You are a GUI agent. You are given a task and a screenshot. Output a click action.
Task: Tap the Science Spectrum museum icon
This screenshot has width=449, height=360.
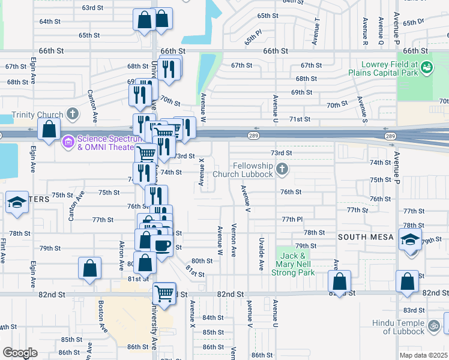point(68,142)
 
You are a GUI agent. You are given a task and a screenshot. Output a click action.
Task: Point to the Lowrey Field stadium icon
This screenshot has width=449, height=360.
point(427,68)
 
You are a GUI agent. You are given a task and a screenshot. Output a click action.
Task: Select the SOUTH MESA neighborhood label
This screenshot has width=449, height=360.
point(366,237)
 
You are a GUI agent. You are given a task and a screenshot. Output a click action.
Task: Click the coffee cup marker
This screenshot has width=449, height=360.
point(161,245)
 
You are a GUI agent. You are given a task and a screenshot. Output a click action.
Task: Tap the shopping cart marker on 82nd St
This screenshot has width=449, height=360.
point(164,293)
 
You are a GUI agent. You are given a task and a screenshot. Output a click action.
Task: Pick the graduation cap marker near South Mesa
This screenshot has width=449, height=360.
point(410,242)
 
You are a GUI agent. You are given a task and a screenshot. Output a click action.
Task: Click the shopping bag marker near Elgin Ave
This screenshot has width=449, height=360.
point(49,128)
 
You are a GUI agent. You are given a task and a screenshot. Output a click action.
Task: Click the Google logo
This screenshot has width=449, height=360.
point(20,353)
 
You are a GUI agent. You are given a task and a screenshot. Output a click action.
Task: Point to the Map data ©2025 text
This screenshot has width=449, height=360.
point(424,355)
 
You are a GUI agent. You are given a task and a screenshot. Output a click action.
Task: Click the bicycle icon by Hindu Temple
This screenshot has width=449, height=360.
point(434,327)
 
